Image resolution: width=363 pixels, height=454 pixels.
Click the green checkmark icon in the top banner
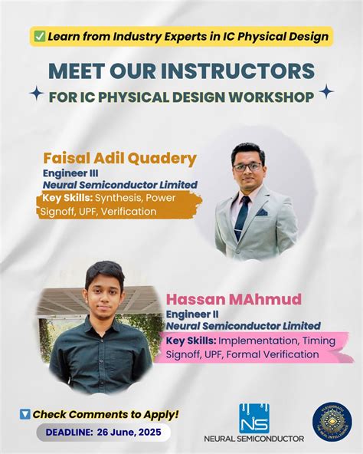pyautogui.click(x=39, y=36)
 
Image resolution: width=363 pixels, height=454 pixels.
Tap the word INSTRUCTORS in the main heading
pyautogui.click(x=245, y=71)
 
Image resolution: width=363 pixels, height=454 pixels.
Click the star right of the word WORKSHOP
pyautogui.click(x=326, y=92)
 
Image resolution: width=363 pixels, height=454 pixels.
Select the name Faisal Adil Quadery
pyautogui.click(x=120, y=159)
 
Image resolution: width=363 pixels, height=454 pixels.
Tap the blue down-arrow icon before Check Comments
pyautogui.click(x=25, y=414)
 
